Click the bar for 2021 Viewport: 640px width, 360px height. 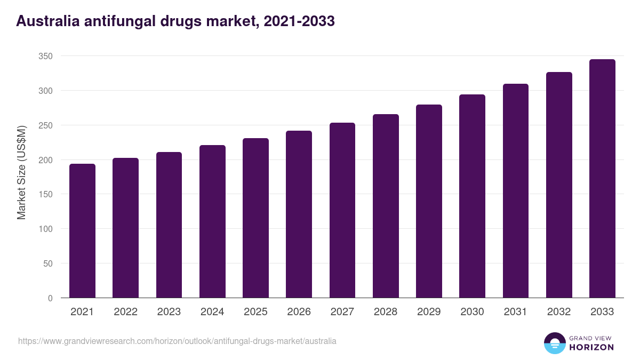(82, 231)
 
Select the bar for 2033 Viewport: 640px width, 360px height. (602, 179)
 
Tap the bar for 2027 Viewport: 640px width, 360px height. (342, 210)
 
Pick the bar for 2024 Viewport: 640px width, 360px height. (212, 221)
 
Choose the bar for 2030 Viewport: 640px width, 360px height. (472, 196)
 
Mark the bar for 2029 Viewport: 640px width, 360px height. (429, 201)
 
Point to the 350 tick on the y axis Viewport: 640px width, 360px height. (46, 56)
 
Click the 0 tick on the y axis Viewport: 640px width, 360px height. (50, 298)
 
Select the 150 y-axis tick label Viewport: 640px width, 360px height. (46, 195)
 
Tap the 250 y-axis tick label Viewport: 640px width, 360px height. (46, 125)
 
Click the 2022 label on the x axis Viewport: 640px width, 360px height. (125, 312)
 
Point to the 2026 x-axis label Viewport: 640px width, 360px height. (299, 312)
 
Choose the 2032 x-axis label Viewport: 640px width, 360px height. (559, 312)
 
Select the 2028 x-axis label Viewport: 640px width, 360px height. (386, 312)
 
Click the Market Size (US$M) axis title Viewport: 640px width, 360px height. (21, 172)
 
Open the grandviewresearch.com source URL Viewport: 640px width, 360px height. (177, 341)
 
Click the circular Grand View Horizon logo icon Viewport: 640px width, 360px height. (554, 343)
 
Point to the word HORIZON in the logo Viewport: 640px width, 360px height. (591, 347)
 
